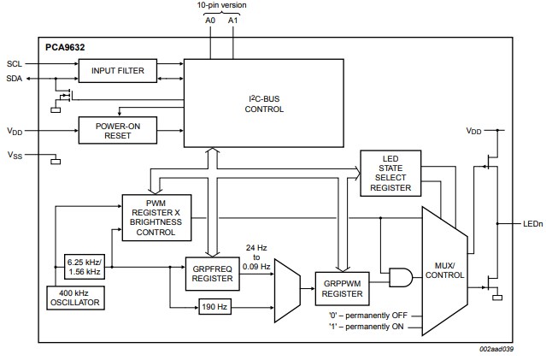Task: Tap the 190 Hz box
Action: point(214,305)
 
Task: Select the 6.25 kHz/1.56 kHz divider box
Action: point(83,265)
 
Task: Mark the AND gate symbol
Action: point(399,275)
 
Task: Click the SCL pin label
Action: point(15,63)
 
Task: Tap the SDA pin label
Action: point(15,78)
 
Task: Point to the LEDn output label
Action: point(533,225)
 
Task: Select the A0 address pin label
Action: point(211,20)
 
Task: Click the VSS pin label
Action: point(15,156)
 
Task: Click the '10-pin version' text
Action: point(221,6)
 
